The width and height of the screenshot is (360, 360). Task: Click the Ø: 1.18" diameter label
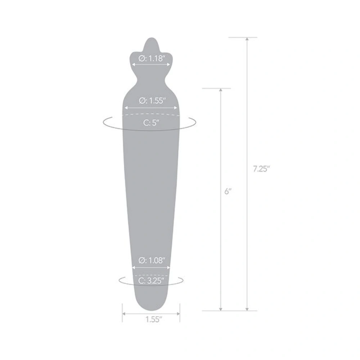[x=151, y=59]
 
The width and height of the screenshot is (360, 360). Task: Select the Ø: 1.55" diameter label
[x=151, y=101]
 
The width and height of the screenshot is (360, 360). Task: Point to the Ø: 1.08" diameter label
[x=151, y=260]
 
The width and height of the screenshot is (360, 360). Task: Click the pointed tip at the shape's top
[x=151, y=40]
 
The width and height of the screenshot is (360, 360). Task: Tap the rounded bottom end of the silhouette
[x=151, y=308]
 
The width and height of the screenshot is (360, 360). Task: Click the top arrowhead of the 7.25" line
[x=247, y=39]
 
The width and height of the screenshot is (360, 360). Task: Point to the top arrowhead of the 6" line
[x=221, y=90]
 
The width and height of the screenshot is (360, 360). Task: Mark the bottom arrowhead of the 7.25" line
[x=247, y=309]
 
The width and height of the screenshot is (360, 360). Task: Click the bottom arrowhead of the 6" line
[x=221, y=309]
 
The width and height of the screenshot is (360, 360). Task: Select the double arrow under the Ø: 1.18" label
[x=151, y=65]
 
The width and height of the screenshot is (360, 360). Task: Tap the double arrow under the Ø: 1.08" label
[x=151, y=267]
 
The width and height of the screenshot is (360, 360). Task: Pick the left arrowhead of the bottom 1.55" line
[x=124, y=314]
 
